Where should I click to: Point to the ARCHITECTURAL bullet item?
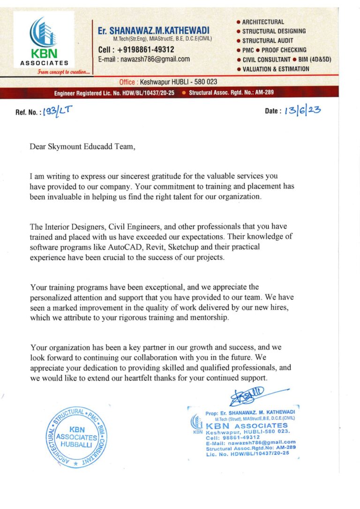(263, 22)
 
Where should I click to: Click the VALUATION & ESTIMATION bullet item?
(276, 69)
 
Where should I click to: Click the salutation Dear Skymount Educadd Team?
(82, 147)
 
